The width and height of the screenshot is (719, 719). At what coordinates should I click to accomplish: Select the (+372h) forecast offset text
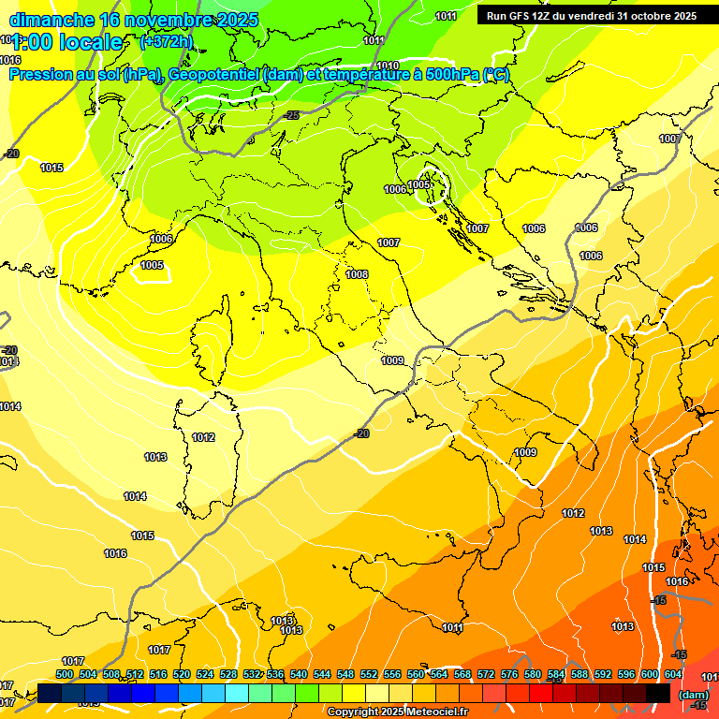click(x=166, y=41)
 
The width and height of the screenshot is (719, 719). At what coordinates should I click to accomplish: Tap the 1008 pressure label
click(x=357, y=274)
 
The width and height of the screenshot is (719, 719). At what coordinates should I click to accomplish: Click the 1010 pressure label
click(x=388, y=66)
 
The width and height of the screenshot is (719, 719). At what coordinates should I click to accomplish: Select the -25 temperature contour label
click(x=292, y=115)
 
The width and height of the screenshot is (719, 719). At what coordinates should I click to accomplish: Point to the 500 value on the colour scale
click(x=65, y=674)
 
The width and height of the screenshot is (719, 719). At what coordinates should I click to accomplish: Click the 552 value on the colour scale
click(x=369, y=674)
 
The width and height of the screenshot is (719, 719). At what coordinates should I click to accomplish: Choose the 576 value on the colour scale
click(x=509, y=674)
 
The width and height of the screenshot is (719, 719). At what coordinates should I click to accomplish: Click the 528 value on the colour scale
click(x=228, y=674)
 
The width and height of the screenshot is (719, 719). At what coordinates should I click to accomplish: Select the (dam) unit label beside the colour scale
click(x=693, y=695)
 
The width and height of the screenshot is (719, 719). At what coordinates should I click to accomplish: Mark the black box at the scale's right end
click(x=658, y=693)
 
